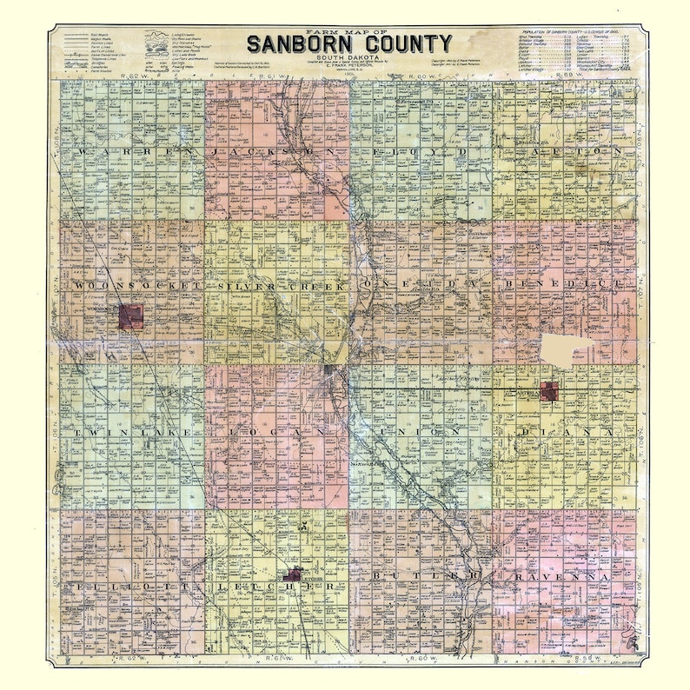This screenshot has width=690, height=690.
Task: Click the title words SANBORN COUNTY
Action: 349,43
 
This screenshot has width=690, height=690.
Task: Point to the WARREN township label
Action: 130,150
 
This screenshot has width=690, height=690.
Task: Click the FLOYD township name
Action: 421,150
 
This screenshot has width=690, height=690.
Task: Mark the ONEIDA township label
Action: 421,285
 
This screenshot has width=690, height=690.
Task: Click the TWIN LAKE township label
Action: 130,432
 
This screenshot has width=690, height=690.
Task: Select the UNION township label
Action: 421,432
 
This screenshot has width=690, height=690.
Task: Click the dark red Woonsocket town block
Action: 131,315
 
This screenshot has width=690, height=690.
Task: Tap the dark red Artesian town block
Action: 549,391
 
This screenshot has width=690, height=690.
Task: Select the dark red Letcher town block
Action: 295,574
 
